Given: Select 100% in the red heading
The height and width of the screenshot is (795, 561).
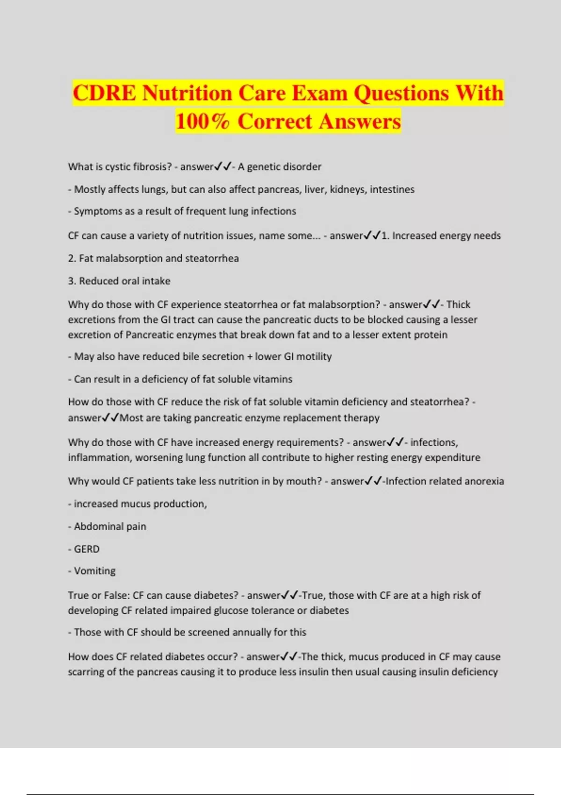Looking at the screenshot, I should point(203,122).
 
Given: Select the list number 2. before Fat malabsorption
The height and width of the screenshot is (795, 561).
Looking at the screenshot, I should point(72,259).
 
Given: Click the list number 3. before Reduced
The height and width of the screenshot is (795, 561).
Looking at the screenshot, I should point(72,281).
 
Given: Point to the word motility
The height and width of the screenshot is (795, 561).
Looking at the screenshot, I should point(314,357).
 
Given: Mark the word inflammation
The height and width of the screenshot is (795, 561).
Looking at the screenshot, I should point(99,458).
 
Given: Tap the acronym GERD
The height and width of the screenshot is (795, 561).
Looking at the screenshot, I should point(86,549).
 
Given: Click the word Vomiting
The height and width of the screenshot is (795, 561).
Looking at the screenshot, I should point(94,571).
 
